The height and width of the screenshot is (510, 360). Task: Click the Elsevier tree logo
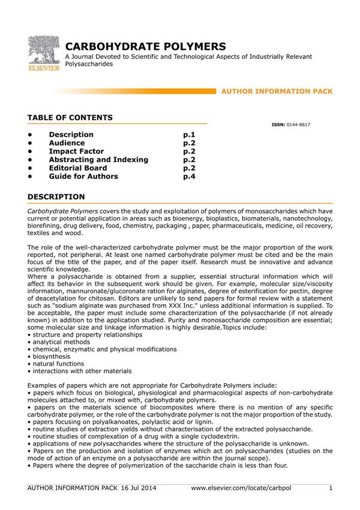[44, 52]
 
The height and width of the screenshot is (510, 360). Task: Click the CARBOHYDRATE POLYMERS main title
[146, 46]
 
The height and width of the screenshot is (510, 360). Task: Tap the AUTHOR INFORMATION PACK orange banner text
[277, 91]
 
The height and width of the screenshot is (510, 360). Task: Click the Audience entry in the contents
[67, 143]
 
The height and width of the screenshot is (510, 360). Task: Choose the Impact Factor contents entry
[76, 152]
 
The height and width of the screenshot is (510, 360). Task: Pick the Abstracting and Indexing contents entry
[98, 160]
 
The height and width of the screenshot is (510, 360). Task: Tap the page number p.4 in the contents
[190, 177]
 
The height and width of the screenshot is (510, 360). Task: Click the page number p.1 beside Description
[190, 135]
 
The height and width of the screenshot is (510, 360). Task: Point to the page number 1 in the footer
[331, 488]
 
